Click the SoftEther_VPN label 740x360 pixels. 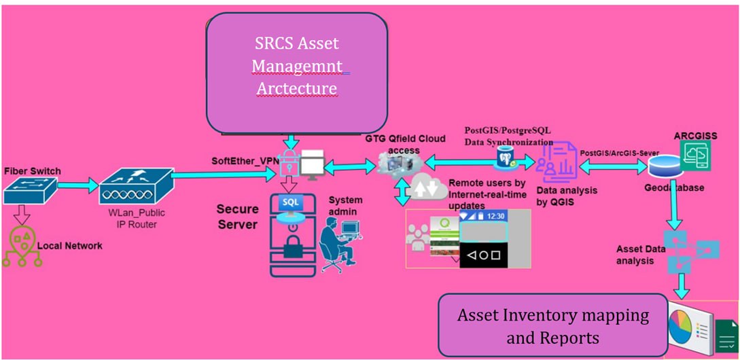click(239, 160)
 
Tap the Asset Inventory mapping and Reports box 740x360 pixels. click(552, 325)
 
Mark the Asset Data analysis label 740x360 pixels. click(640, 255)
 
